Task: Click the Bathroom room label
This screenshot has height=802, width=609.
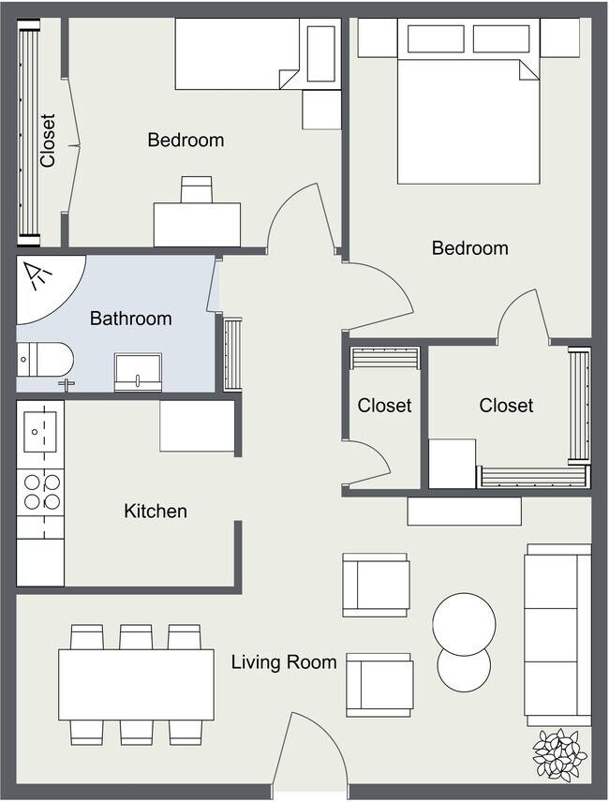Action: pos(130,319)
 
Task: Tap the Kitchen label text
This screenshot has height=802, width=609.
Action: pos(156,511)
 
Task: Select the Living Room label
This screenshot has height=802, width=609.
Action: pos(284,662)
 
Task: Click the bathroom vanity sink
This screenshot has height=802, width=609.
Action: pos(138,372)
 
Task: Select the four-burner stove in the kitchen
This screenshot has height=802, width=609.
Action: pos(40,491)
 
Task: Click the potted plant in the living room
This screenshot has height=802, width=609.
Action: pos(559,754)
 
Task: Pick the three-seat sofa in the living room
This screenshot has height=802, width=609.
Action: pos(557,634)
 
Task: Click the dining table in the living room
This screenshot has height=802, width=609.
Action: pos(136,684)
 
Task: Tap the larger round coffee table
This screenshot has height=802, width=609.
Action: pos(464,622)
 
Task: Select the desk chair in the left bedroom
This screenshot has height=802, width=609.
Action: pos(197,189)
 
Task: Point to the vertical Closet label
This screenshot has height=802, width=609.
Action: pos(48,141)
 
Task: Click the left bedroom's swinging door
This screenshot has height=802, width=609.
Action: pos(300,220)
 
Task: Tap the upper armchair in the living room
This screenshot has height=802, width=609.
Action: pos(376,585)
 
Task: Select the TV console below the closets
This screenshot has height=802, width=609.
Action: pos(464,511)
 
